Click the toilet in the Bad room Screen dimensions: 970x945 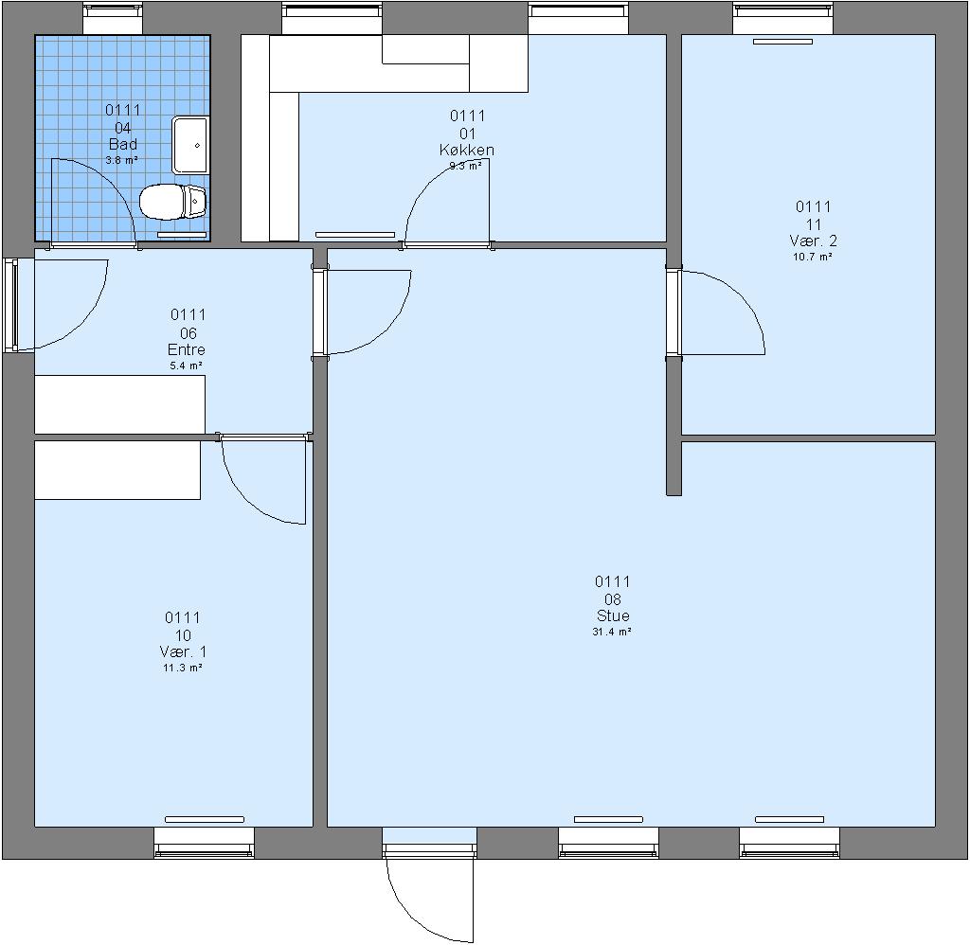coord(172,202)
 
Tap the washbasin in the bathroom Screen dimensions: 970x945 coord(190,145)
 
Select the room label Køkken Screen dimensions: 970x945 coord(467,150)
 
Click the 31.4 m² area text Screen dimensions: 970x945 coord(612,632)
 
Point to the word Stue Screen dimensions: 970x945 coord(613,615)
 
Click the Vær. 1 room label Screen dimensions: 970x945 coord(183,651)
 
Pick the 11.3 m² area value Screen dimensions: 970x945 coord(183,668)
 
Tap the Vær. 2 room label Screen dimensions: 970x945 coord(813,241)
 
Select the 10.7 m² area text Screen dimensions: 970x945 coord(813,257)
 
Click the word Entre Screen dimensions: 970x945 coord(187,349)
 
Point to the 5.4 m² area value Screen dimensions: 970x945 coord(187,366)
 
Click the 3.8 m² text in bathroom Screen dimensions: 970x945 coord(122,160)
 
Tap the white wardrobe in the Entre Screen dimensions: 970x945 coord(120,404)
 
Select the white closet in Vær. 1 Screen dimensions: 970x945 coord(117,470)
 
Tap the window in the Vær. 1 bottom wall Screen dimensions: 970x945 coord(205,843)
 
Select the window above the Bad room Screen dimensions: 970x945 coord(113,19)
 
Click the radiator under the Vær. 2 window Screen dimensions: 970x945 coord(782,42)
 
